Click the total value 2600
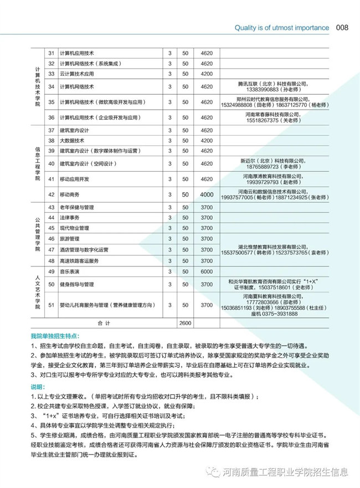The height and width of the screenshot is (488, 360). click(184, 322)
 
